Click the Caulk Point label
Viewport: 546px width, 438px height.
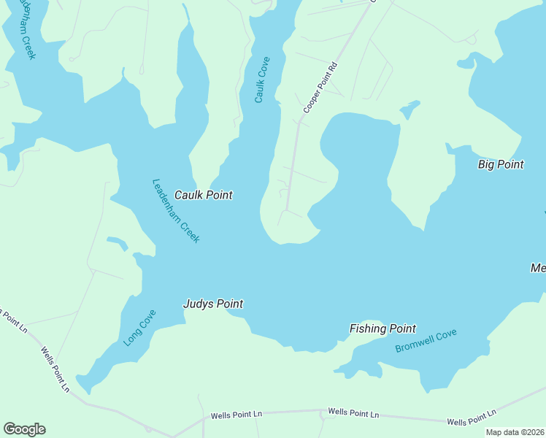pyautogui.click(x=203, y=195)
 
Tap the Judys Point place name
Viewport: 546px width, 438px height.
pyautogui.click(x=212, y=304)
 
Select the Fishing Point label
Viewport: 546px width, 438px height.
pyautogui.click(x=382, y=328)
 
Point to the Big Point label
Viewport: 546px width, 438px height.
pyautogui.click(x=500, y=164)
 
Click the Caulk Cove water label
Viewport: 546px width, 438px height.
pyautogui.click(x=262, y=80)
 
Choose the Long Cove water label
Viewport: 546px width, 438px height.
pyautogui.click(x=139, y=328)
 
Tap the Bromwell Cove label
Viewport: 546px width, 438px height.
pyautogui.click(x=426, y=341)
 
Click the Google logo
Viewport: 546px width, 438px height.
pyautogui.click(x=24, y=429)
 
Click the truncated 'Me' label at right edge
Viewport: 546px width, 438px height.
pyautogui.click(x=538, y=269)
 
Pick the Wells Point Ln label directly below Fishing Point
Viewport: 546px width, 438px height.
pyautogui.click(x=353, y=413)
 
